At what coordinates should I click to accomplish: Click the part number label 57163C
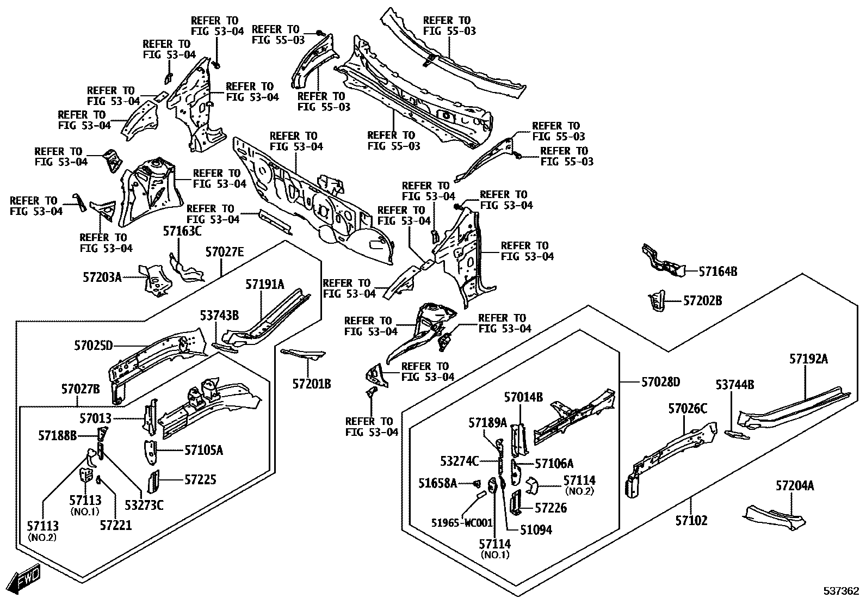pos(182,231)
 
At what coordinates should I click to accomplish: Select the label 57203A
pos(102,277)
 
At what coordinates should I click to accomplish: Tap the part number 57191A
pos(265,284)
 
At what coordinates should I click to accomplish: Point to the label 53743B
pos(219,315)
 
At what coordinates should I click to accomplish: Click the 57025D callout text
pos(94,346)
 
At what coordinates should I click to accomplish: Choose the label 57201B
pos(312,384)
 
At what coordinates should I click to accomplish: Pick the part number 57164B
pos(718,272)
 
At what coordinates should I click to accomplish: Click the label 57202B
pos(702,300)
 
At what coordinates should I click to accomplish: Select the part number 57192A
pos(808,359)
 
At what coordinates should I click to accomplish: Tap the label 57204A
pos(795,485)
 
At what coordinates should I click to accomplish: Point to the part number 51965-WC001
pos(462,523)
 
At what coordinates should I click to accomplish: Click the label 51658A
pos(438,483)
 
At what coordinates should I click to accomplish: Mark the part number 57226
pos(550,508)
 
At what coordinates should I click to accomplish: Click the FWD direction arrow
pos(24,578)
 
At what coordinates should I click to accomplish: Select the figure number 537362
pos(841,591)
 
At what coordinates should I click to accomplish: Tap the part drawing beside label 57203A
pos(156,280)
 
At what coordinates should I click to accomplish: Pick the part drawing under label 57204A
pos(774,517)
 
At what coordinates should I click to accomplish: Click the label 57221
pos(116,525)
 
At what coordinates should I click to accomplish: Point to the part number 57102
pos(691,520)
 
